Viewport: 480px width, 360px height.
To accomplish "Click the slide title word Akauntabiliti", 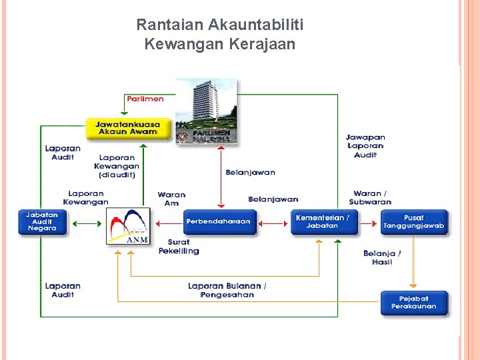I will pyautogui.click(x=256, y=25).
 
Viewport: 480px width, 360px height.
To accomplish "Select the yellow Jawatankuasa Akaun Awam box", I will pyautogui.click(x=127, y=128).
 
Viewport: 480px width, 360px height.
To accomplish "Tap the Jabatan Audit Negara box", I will pyautogui.click(x=43, y=222).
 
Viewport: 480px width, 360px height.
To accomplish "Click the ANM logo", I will pyautogui.click(x=128, y=227).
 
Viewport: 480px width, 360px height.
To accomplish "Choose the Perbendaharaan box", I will pyautogui.click(x=219, y=222).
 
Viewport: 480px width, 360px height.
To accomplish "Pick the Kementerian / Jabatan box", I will pyautogui.click(x=323, y=222).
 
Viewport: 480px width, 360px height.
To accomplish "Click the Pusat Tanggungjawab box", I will pyautogui.click(x=413, y=222).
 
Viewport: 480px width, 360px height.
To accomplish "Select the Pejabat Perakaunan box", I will pyautogui.click(x=413, y=303).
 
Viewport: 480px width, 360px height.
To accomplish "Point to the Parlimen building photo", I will pyautogui.click(x=206, y=111).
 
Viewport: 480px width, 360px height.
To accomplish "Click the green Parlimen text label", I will pyautogui.click(x=145, y=99).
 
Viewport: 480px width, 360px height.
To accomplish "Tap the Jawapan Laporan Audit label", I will pyautogui.click(x=365, y=146).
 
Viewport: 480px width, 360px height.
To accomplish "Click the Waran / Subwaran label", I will pyautogui.click(x=370, y=197).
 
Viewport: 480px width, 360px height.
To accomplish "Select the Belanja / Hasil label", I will pyautogui.click(x=382, y=257).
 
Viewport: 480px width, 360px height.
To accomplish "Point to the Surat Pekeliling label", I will pyautogui.click(x=178, y=247).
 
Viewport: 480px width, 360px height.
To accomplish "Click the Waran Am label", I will pyautogui.click(x=171, y=199).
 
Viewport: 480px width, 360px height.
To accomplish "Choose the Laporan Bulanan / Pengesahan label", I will pyautogui.click(x=227, y=290).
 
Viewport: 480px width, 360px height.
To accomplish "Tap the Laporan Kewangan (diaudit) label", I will pyautogui.click(x=117, y=166).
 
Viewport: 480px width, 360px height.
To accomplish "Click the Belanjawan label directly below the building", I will pyautogui.click(x=250, y=173).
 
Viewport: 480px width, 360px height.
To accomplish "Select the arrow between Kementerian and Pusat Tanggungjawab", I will pyautogui.click(x=369, y=222).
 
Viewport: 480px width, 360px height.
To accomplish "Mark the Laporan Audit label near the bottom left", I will pyautogui.click(x=63, y=290).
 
